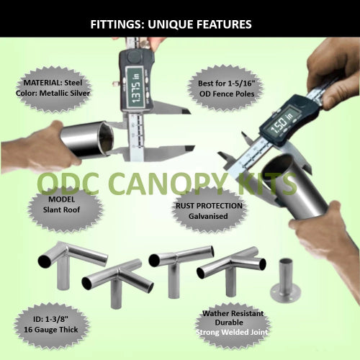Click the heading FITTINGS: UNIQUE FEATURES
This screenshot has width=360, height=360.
[171, 24]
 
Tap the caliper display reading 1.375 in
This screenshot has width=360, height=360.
[135, 87]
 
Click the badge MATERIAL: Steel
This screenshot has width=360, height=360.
[53, 88]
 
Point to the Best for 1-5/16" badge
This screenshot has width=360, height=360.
[226, 89]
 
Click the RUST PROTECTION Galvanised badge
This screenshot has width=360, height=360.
[209, 211]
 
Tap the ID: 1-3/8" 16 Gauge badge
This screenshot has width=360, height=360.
[51, 325]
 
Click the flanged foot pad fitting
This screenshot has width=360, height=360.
[286, 280]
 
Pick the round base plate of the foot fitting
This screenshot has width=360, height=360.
[286, 293]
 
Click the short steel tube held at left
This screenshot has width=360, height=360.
[87, 140]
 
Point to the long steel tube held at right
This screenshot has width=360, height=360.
[296, 188]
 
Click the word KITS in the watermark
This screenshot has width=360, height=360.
[266, 184]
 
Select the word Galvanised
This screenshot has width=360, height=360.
[208, 216]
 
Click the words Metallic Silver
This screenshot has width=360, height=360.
[65, 93]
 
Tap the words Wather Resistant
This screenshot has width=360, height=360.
[233, 313]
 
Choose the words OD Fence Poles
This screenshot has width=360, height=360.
[227, 94]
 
